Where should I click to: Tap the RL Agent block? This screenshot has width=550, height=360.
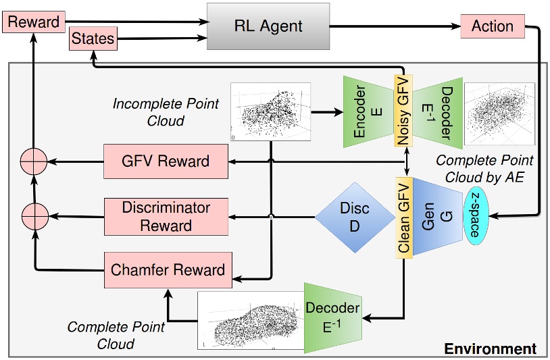tap(269, 27)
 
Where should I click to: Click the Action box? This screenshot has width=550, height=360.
tap(492, 26)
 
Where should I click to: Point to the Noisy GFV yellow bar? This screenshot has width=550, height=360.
tap(403, 111)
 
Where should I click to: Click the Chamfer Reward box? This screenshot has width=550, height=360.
tap(167, 269)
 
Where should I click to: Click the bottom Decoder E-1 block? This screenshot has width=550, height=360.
tap(332, 318)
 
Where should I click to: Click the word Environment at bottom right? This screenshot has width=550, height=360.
tap(490, 349)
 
